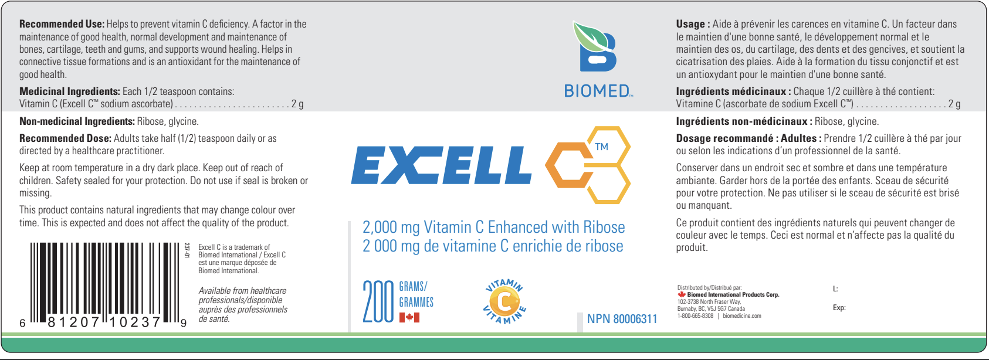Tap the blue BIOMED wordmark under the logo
click(598, 91)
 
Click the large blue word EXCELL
click(441, 165)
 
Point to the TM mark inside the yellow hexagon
click(601, 147)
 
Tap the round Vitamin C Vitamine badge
click(504, 301)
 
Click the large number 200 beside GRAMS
click(378, 302)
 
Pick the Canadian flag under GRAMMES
click(409, 317)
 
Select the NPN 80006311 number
click(622, 319)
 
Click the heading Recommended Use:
click(62, 24)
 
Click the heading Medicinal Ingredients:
click(70, 91)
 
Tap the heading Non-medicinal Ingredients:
click(77, 121)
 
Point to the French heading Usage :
click(693, 24)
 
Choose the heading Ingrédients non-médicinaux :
click(744, 121)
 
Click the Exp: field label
click(839, 307)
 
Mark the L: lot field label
click(835, 289)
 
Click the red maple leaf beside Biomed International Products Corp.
click(682, 294)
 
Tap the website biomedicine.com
click(742, 316)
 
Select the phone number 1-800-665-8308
click(695, 316)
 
